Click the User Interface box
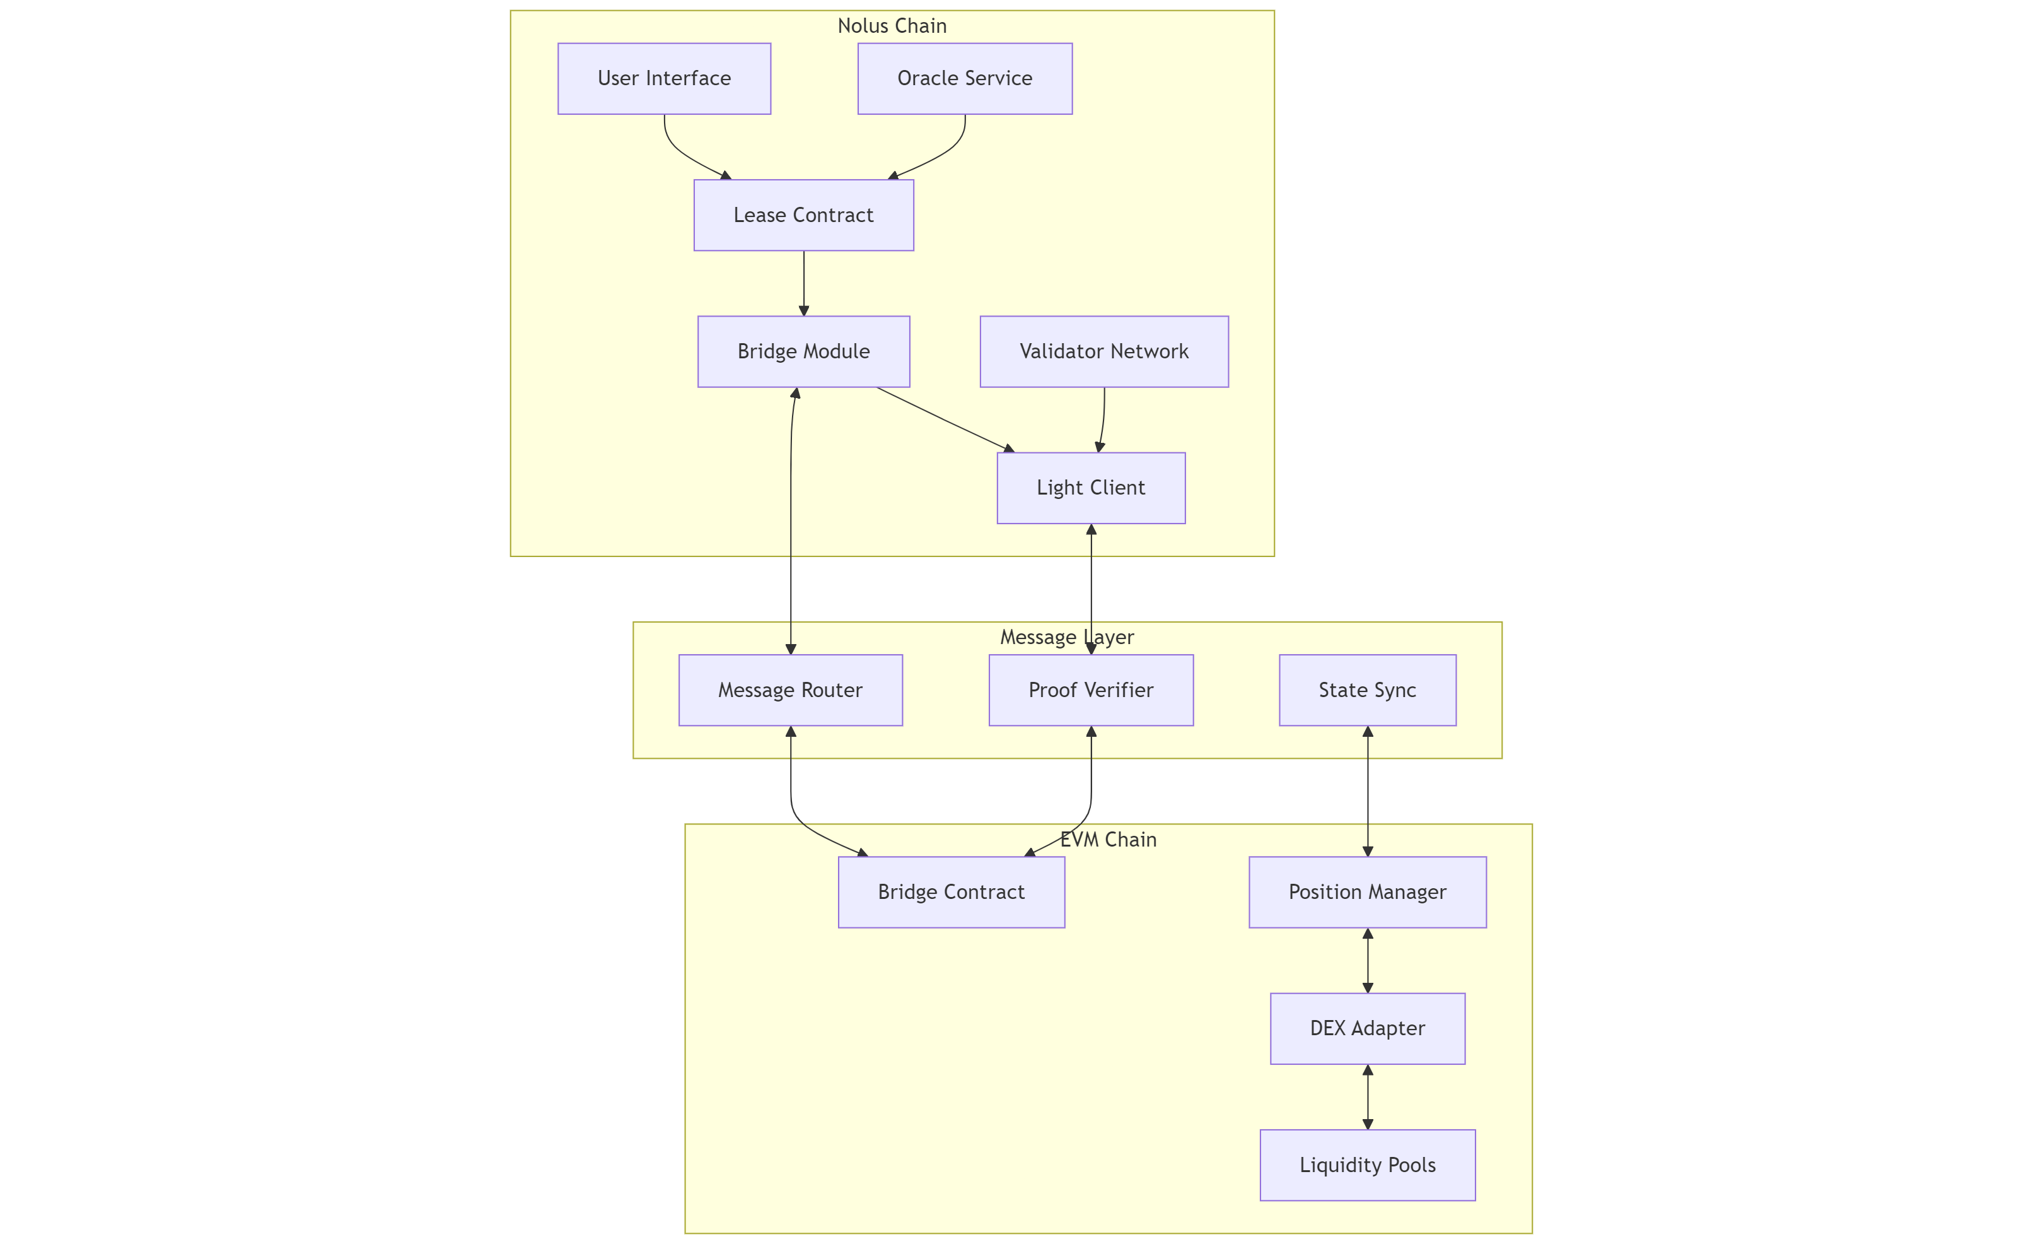[x=664, y=79]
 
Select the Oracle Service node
[x=964, y=79]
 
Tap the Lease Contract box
[x=803, y=216]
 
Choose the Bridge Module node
[x=803, y=351]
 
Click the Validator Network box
[x=1103, y=351]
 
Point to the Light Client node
[x=1090, y=488]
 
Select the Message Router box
[x=790, y=690]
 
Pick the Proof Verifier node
[x=1090, y=690]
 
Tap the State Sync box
[x=1367, y=690]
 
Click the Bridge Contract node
[x=951, y=893]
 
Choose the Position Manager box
[x=1367, y=893]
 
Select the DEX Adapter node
[x=1367, y=1028]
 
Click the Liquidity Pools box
[x=1367, y=1165]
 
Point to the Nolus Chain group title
[x=892, y=26]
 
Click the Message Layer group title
[x=1066, y=637]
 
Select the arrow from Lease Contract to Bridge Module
[x=803, y=283]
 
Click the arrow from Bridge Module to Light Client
[x=945, y=420]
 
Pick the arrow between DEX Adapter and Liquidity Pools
[x=1367, y=1096]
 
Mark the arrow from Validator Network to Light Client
[x=1103, y=420]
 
